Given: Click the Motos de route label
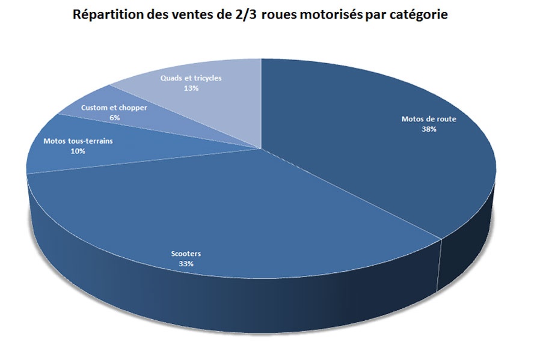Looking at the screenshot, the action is click(x=428, y=119).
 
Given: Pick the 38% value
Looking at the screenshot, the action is click(x=429, y=129).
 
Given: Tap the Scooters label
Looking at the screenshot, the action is click(x=186, y=254).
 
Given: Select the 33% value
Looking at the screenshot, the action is click(x=186, y=264).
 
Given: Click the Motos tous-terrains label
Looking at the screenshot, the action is click(x=78, y=141).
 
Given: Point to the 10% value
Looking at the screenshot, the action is click(x=78, y=151).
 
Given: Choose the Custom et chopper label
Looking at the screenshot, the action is click(x=114, y=108).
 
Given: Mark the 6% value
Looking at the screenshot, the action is click(x=115, y=118).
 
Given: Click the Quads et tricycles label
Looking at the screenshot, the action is click(x=191, y=79).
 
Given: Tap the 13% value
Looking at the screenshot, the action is click(x=191, y=88).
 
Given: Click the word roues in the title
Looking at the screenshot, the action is click(x=278, y=15).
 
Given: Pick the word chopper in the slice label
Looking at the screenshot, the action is click(x=132, y=108).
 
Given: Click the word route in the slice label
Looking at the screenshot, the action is click(x=446, y=119).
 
